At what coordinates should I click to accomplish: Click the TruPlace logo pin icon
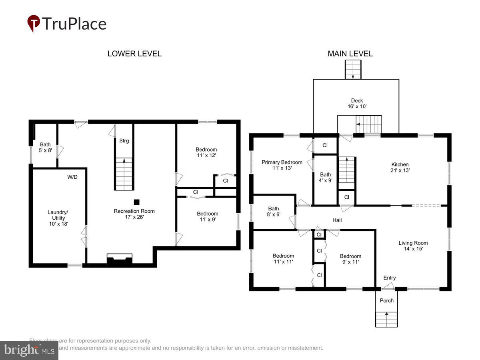click(x=33, y=24)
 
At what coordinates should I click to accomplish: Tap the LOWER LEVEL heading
click(x=134, y=54)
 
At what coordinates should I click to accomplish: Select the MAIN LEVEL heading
click(x=350, y=54)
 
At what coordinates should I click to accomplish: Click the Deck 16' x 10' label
click(x=357, y=104)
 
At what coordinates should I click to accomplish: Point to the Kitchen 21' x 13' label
click(x=400, y=167)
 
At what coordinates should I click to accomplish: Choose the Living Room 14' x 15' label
click(x=413, y=246)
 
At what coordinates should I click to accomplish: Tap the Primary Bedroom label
click(x=282, y=165)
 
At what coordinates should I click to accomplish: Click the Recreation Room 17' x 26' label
click(x=134, y=214)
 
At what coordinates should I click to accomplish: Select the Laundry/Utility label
click(x=58, y=218)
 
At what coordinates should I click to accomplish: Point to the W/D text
click(x=72, y=176)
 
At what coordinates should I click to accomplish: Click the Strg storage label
click(x=124, y=141)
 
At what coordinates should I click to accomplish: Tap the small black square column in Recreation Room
click(x=136, y=202)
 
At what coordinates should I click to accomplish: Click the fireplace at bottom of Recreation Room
click(x=119, y=259)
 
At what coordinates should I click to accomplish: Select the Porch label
click(x=386, y=300)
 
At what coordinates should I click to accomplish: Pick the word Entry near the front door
click(x=389, y=278)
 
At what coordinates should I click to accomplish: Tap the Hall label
click(x=337, y=220)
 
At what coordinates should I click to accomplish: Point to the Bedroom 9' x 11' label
click(x=350, y=259)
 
